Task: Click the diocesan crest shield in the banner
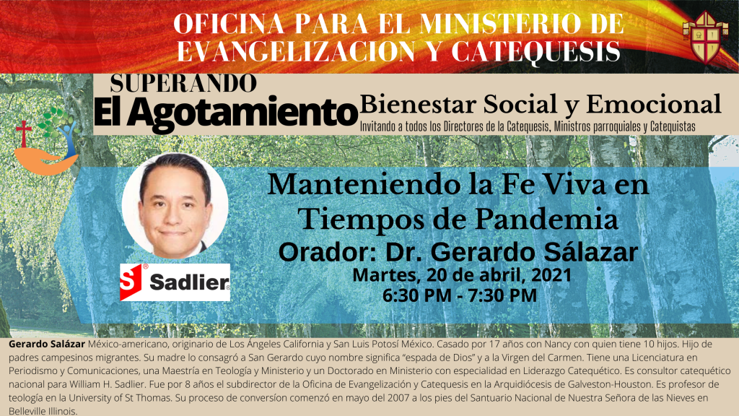coord(705,37)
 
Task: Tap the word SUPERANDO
coord(184,84)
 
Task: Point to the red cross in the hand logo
coord(23,133)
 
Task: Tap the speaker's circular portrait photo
coord(175,206)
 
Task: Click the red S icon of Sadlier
coord(131,282)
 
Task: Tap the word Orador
coord(328,252)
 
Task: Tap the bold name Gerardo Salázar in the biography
coord(47,344)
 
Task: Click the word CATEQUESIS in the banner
coord(535,51)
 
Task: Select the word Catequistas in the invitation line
coord(673,126)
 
